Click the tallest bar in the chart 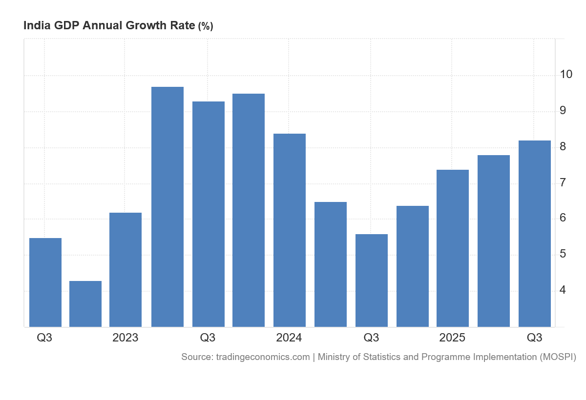[x=167, y=207]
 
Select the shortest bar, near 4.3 [x=85, y=304]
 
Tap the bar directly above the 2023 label [x=126, y=270]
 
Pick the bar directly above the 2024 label [x=290, y=230]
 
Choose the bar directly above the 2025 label [x=453, y=248]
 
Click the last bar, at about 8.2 [x=535, y=234]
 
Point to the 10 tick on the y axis [x=566, y=74]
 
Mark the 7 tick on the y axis [x=563, y=183]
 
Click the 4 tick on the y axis [x=563, y=290]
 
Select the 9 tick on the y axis [x=563, y=110]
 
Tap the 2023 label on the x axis [x=126, y=338]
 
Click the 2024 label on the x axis [x=289, y=338]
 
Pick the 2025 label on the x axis [x=452, y=338]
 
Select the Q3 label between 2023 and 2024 [x=208, y=338]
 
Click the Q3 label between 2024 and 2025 [x=371, y=338]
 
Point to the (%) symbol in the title [x=206, y=26]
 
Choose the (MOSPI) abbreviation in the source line [x=558, y=357]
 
